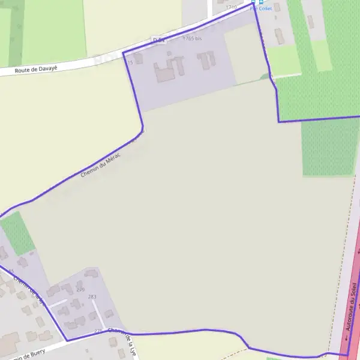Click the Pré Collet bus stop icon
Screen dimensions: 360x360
click(x=253, y=2)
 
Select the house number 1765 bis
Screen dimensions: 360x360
click(x=192, y=38)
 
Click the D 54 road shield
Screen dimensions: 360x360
click(x=158, y=40)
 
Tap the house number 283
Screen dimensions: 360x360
click(x=92, y=297)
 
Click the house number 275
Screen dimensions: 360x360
click(x=98, y=331)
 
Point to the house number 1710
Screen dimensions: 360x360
click(x=231, y=7)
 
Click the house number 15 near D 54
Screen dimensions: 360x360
click(x=130, y=62)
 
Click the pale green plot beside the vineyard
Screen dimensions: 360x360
click(x=284, y=61)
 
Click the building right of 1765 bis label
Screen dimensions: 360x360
click(x=208, y=59)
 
